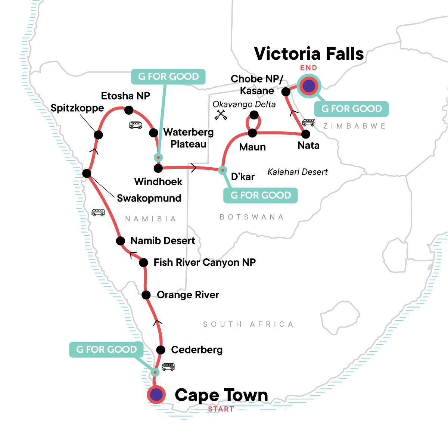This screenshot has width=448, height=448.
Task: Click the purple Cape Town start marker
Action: pyautogui.click(x=156, y=394)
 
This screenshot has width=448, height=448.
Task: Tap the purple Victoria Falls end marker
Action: pyautogui.click(x=309, y=86)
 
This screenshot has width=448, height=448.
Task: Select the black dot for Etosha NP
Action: pyautogui.click(x=129, y=110)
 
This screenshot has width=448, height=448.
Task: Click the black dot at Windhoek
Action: pyautogui.click(x=158, y=168)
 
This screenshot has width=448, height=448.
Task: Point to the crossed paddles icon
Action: pyautogui.click(x=221, y=115)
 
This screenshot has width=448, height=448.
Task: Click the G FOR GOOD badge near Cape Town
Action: pyautogui.click(x=106, y=349)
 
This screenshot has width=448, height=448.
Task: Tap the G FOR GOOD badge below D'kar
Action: pyautogui.click(x=260, y=195)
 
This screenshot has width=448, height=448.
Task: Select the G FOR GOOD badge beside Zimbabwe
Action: pyautogui.click(x=351, y=109)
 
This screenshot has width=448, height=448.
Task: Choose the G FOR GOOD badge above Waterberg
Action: pyautogui.click(x=168, y=77)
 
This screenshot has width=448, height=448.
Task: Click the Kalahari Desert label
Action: pyautogui.click(x=298, y=172)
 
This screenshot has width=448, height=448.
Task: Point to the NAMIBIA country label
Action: pyautogui.click(x=150, y=219)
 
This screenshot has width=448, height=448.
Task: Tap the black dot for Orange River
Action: pyautogui.click(x=146, y=295)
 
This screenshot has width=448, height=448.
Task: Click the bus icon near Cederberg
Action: pyautogui.click(x=168, y=367)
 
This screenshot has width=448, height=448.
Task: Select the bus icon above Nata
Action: pyautogui.click(x=309, y=122)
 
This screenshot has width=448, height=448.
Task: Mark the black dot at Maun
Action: pyautogui.click(x=253, y=133)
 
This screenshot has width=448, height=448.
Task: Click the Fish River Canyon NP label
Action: pyautogui.click(x=205, y=262)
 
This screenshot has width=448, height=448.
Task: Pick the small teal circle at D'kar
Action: pyautogui.click(x=223, y=170)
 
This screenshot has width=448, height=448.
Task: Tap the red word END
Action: pyautogui.click(x=309, y=68)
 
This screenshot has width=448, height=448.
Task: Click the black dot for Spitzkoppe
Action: pyautogui.click(x=98, y=135)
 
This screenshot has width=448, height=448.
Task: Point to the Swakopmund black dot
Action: pyautogui.click(x=87, y=173)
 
